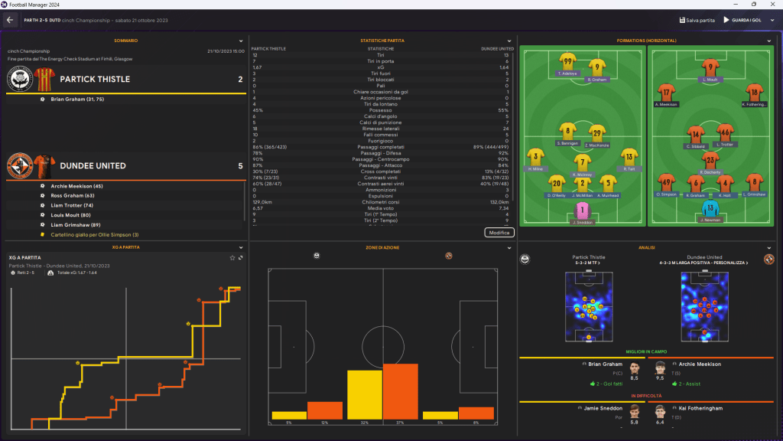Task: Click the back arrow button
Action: (x=10, y=20)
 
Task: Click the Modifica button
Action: (x=499, y=232)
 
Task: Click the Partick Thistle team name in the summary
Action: (x=94, y=79)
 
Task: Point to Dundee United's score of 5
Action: (x=240, y=165)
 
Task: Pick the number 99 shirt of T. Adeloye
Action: (x=567, y=61)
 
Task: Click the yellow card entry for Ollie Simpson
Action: (x=95, y=234)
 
